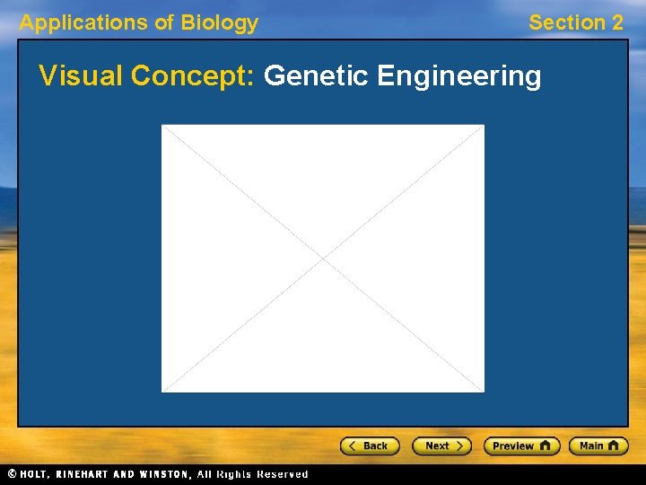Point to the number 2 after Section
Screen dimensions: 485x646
pos(615,23)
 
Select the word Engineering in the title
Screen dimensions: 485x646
pos(459,76)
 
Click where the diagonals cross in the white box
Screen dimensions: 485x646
pos(323,259)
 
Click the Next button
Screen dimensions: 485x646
pos(441,445)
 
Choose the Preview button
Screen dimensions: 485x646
pos(521,445)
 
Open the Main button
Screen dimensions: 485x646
pos(598,445)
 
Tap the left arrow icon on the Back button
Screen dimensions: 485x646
pos(353,445)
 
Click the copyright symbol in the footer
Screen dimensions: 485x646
pos(12,474)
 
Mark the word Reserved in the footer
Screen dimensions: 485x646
pos(282,474)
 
